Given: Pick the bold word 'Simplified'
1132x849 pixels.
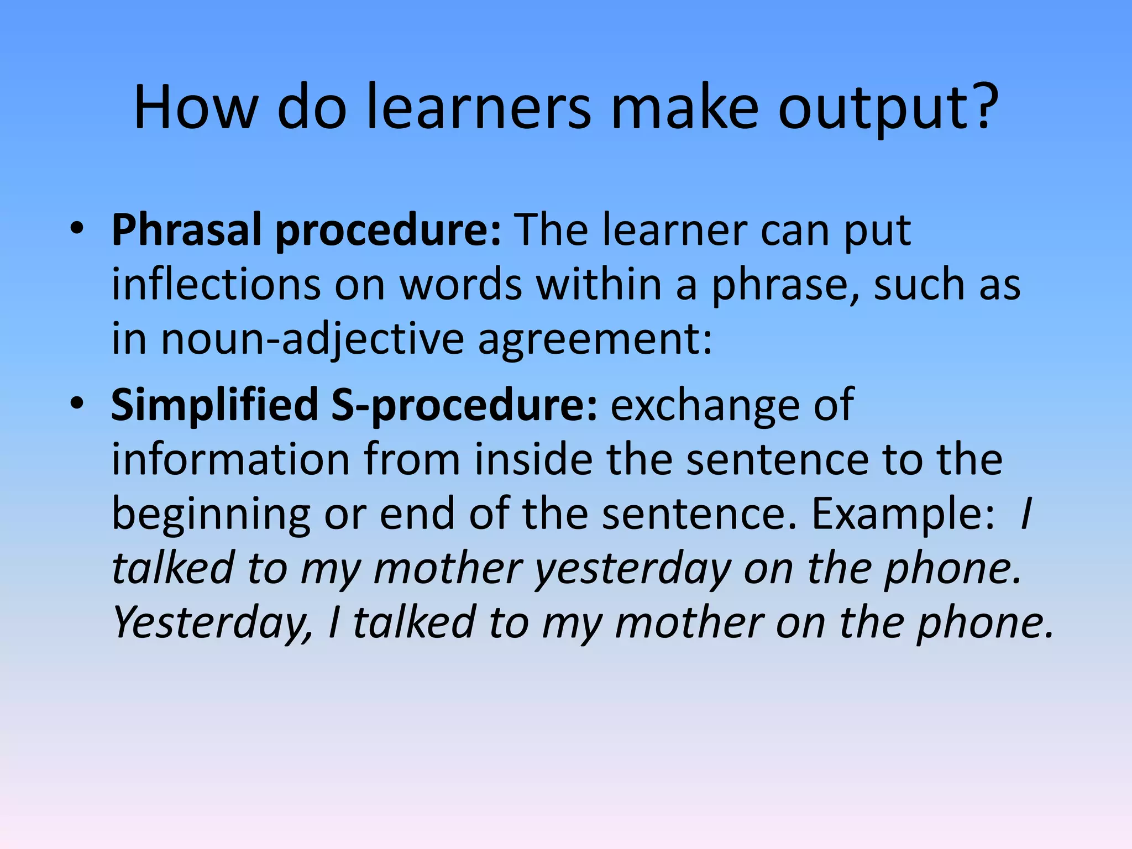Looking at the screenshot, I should click(214, 405).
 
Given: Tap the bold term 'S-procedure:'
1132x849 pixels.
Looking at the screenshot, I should click(464, 405).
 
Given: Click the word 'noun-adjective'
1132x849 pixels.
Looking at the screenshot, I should click(312, 339).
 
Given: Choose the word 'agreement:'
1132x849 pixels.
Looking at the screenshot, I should click(595, 339).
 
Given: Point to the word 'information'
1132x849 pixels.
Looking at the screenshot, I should click(230, 459).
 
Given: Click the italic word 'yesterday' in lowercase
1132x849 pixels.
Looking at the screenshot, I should click(633, 569).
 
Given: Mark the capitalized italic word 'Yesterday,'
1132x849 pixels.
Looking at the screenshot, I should click(213, 623).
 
